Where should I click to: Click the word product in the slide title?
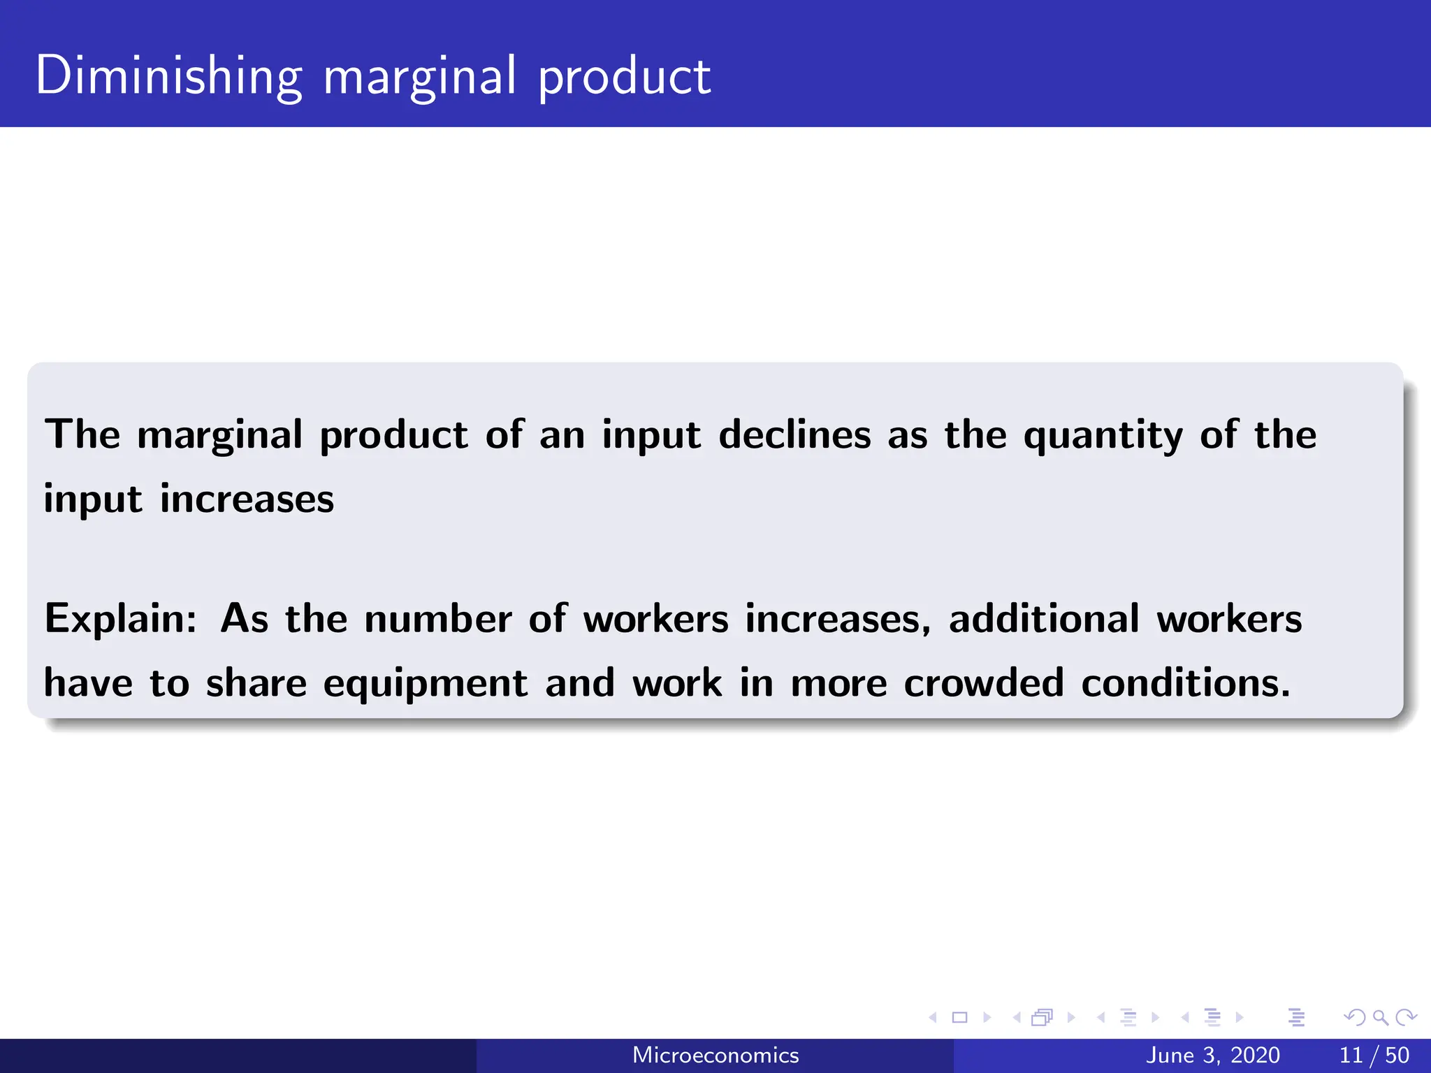(624, 77)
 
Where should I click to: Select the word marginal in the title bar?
(420, 77)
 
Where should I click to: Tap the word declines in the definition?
(794, 435)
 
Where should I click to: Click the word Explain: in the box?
(121, 620)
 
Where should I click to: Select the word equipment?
(425, 684)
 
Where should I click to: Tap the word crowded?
(984, 683)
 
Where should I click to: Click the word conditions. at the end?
(1186, 683)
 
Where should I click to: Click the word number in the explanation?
(438, 618)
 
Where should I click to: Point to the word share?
(256, 683)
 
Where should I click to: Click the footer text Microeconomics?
(715, 1055)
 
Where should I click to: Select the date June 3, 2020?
(1213, 1055)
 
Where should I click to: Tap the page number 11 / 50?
(1374, 1055)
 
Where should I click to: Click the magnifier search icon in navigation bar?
(1380, 1017)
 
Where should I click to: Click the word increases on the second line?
(247, 499)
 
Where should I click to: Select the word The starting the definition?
(82, 435)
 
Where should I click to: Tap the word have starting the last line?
(88, 683)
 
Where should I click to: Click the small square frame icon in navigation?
(959, 1017)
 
